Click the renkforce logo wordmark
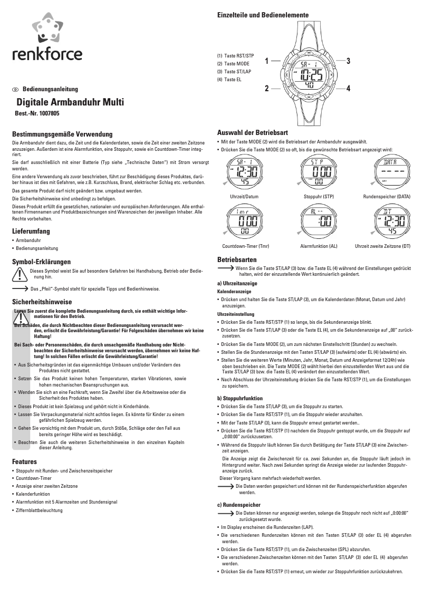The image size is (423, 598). [47, 54]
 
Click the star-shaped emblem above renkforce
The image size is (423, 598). [47, 30]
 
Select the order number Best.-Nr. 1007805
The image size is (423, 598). [37, 113]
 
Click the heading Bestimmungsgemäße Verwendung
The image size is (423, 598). [62, 134]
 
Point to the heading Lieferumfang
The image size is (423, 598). [31, 231]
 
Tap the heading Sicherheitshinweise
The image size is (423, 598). [42, 302]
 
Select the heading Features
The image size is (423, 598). [24, 461]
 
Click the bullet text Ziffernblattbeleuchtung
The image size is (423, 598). [39, 510]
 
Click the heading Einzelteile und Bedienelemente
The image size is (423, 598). [263, 15]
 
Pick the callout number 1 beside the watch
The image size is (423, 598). [267, 61]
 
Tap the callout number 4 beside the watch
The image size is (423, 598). [349, 88]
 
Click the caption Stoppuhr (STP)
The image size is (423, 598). [319, 196]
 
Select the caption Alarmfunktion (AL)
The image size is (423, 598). [319, 246]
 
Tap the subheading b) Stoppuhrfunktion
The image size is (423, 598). [240, 398]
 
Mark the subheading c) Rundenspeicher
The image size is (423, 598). [239, 505]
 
